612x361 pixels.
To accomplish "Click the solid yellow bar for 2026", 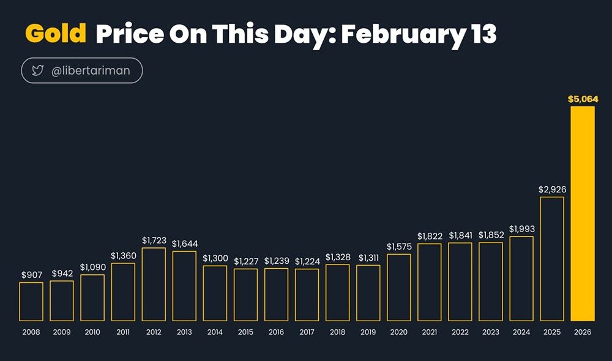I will pos(583,214).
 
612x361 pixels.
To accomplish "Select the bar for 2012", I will pos(154,284).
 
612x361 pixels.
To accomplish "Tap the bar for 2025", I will pos(552,259).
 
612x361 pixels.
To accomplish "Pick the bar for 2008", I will pos(31,301).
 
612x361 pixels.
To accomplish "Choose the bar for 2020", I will pos(399,287).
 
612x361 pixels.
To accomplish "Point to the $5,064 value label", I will pos(583,98).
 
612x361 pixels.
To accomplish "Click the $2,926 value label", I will pos(552,189).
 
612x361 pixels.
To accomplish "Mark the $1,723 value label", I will pos(154,241).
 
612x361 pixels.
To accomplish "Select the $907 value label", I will pos(31,275).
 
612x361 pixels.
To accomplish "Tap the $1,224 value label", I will pos(307,261).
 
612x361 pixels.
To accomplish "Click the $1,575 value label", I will pos(399,247).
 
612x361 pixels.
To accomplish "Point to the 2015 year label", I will pos(245,332).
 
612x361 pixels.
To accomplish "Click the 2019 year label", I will pos(368,332).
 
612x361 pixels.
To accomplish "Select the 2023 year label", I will pos(491,332).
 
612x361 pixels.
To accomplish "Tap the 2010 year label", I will pos(92,332).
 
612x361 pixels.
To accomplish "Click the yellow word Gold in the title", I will pos(56,34).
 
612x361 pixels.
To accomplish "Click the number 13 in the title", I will pos(483,35).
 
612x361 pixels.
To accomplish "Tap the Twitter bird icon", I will pos(37,71).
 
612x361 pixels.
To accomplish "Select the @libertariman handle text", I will pos(91,71).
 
